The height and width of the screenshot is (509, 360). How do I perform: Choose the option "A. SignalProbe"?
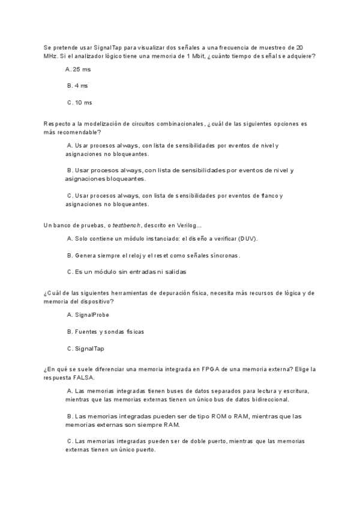coord(88,315)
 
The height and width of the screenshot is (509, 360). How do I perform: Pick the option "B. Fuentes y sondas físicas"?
coord(106,331)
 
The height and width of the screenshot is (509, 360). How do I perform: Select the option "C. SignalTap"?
coord(86,348)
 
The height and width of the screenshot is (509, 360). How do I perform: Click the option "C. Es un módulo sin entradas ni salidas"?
coord(127,271)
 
